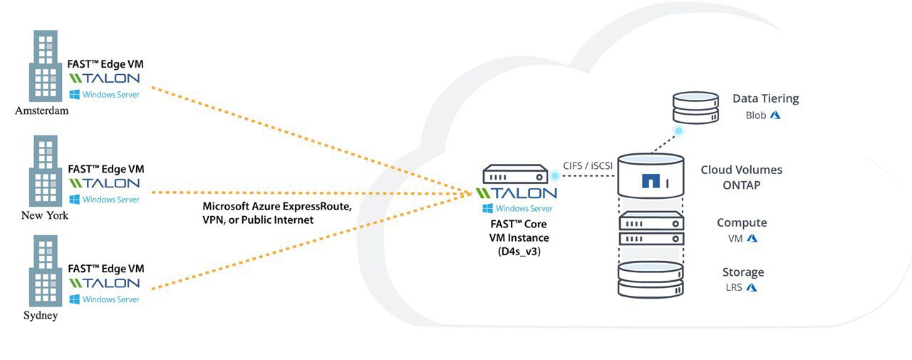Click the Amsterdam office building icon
[45, 66]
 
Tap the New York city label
[45, 215]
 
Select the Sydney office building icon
[45, 271]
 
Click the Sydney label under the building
[41, 316]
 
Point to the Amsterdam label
[42, 110]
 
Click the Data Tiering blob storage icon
[695, 107]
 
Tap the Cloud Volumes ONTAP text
[742, 178]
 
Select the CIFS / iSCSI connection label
[588, 166]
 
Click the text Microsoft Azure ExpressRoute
[277, 206]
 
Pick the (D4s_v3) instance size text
[519, 251]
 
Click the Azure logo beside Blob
[775, 115]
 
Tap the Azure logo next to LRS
[752, 287]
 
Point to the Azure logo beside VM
[752, 238]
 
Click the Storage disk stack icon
[651, 279]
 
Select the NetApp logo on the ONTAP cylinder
[651, 181]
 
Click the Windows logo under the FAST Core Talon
[487, 208]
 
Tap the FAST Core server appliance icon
[515, 174]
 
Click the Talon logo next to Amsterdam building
[104, 78]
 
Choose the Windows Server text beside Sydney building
[110, 299]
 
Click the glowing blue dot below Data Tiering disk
[679, 131]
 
